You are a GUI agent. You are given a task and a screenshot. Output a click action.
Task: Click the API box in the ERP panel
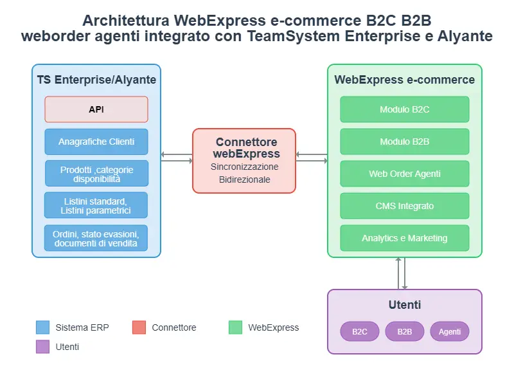[x=96, y=109]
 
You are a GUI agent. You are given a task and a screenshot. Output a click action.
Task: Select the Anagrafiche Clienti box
[x=96, y=142]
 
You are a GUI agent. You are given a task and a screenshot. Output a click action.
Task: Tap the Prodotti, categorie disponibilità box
[x=96, y=174]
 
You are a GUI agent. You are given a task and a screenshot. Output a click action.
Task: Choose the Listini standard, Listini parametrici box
[x=96, y=205]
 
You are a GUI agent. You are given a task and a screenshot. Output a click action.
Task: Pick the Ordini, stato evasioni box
[x=96, y=238]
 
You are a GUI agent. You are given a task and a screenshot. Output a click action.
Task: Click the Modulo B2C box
[x=405, y=109]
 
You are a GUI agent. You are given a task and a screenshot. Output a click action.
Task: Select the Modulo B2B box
[x=405, y=142]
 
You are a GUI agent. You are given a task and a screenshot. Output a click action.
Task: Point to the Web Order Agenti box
[x=405, y=174]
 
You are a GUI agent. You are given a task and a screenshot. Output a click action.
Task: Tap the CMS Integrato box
[x=405, y=206]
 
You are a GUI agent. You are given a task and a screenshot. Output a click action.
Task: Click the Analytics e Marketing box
[x=405, y=238]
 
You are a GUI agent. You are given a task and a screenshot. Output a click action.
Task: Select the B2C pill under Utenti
[x=360, y=332]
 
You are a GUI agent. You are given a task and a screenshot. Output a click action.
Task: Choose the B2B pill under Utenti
[x=405, y=332]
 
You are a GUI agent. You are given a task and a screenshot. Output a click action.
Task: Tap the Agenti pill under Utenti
[x=450, y=332]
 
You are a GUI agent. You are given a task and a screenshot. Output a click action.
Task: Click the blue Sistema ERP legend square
[x=43, y=327]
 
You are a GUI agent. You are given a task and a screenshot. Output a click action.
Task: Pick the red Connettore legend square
[x=139, y=327]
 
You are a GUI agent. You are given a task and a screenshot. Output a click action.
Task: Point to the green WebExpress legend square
[x=236, y=327]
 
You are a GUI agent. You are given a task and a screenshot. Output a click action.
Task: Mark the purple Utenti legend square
[x=43, y=347]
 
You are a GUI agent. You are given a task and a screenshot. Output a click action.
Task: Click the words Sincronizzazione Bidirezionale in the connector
[x=244, y=173]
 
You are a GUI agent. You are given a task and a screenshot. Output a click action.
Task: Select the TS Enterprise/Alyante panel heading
[x=96, y=80]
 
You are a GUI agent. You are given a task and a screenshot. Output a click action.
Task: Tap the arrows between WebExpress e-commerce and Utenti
[x=402, y=273]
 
